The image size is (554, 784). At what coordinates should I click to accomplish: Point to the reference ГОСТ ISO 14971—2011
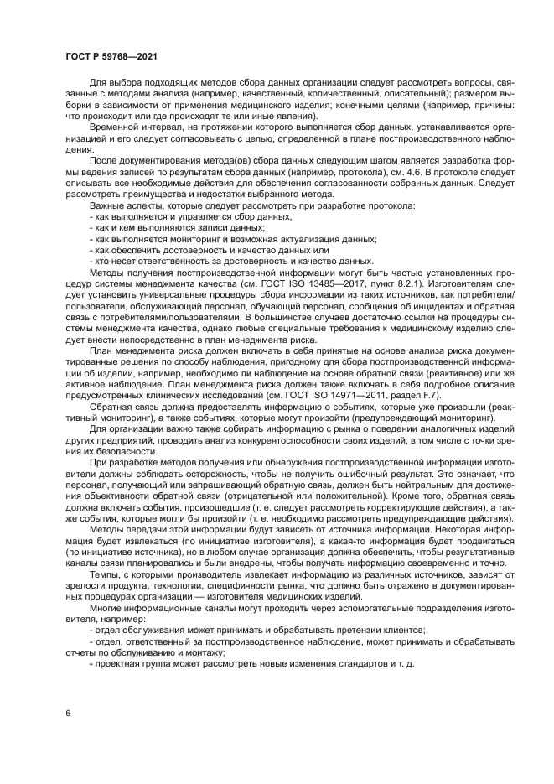pos(377,395)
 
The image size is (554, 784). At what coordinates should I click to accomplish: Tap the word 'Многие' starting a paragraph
pos(105,619)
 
